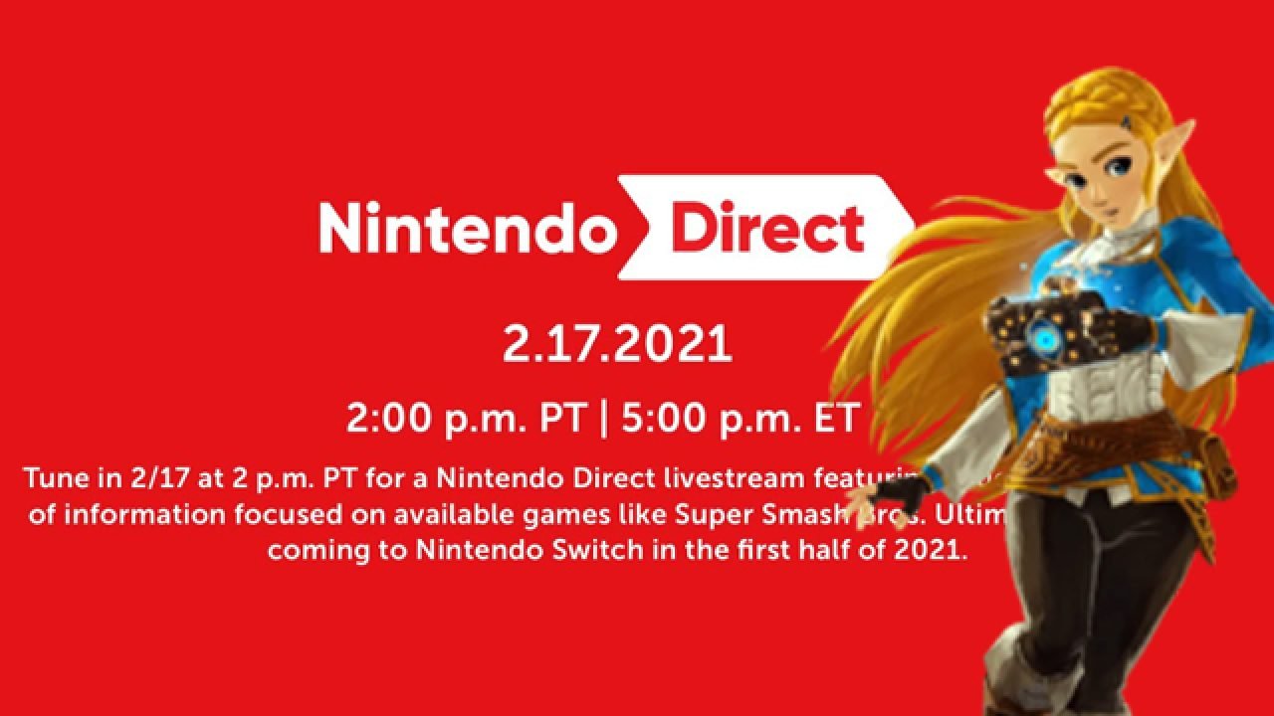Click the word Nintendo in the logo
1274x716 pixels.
tap(464, 230)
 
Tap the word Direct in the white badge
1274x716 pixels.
tap(767, 228)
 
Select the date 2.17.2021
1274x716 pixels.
tap(617, 343)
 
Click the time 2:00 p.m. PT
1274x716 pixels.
tap(466, 419)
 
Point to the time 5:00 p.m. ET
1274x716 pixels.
tap(739, 419)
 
